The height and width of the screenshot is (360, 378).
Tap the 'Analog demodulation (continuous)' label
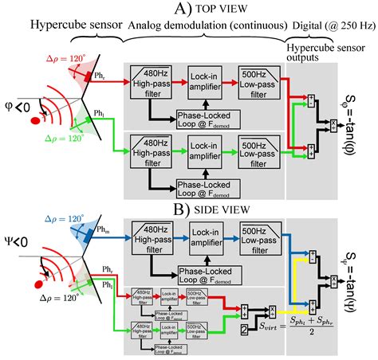coord(210,28)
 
